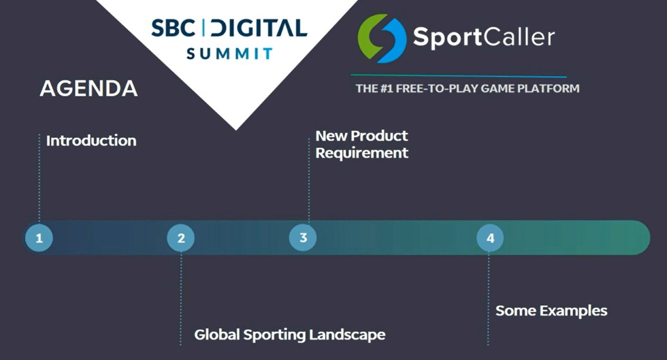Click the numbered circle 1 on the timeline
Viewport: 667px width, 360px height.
(39, 238)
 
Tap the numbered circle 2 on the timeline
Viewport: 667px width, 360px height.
(181, 238)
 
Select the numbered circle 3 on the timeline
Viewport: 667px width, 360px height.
(303, 237)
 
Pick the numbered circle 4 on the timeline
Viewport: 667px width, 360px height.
(490, 238)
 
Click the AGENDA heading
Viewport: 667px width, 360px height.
(89, 89)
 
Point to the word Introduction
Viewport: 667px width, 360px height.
(91, 141)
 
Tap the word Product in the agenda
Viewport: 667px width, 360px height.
(379, 136)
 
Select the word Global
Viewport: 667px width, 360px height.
(217, 334)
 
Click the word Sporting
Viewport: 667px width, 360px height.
(275, 335)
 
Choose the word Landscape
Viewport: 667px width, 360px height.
(347, 335)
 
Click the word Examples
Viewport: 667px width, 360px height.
(574, 311)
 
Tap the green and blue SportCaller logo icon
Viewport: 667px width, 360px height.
(382, 38)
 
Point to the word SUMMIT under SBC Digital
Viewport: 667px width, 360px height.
(229, 54)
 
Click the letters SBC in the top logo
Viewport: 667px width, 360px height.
(173, 27)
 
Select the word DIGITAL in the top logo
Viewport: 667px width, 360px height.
(259, 27)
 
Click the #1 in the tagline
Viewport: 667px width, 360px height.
(387, 89)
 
